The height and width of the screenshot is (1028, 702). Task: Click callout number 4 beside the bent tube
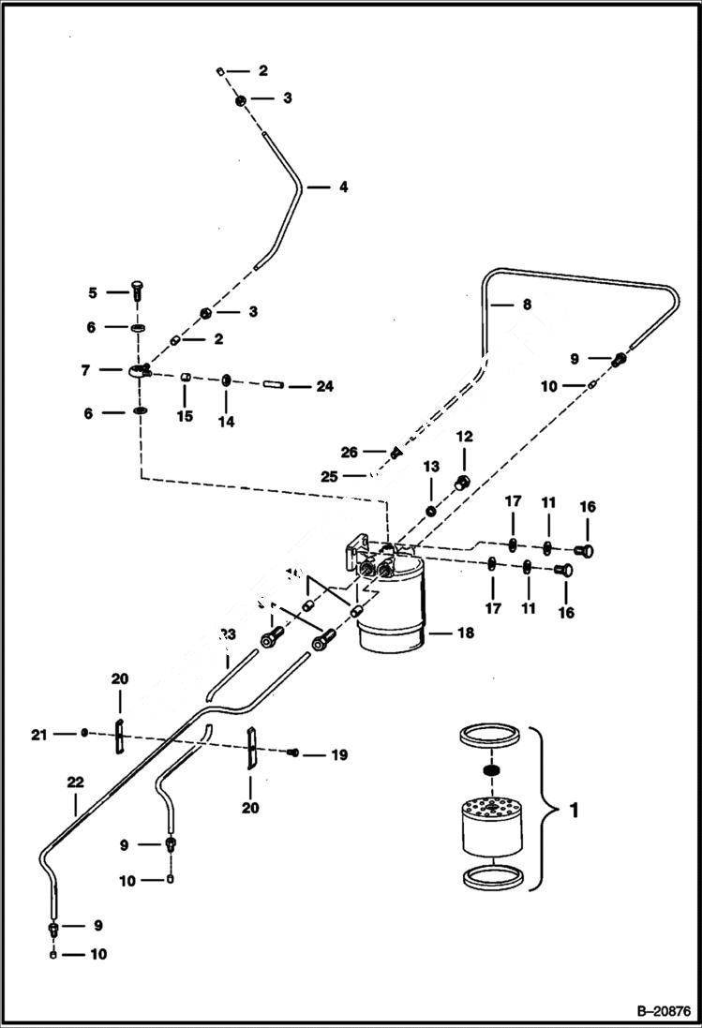(343, 186)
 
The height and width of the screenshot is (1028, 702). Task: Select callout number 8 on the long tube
(526, 304)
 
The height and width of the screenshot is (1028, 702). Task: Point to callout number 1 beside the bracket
(574, 809)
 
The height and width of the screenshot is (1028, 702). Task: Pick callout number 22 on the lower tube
(74, 780)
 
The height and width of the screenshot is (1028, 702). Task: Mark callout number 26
(349, 452)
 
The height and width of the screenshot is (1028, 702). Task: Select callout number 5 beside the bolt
(93, 292)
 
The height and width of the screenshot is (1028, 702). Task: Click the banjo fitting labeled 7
(138, 372)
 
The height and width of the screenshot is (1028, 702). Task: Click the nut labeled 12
(461, 483)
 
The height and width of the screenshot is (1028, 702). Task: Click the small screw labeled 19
(293, 752)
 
